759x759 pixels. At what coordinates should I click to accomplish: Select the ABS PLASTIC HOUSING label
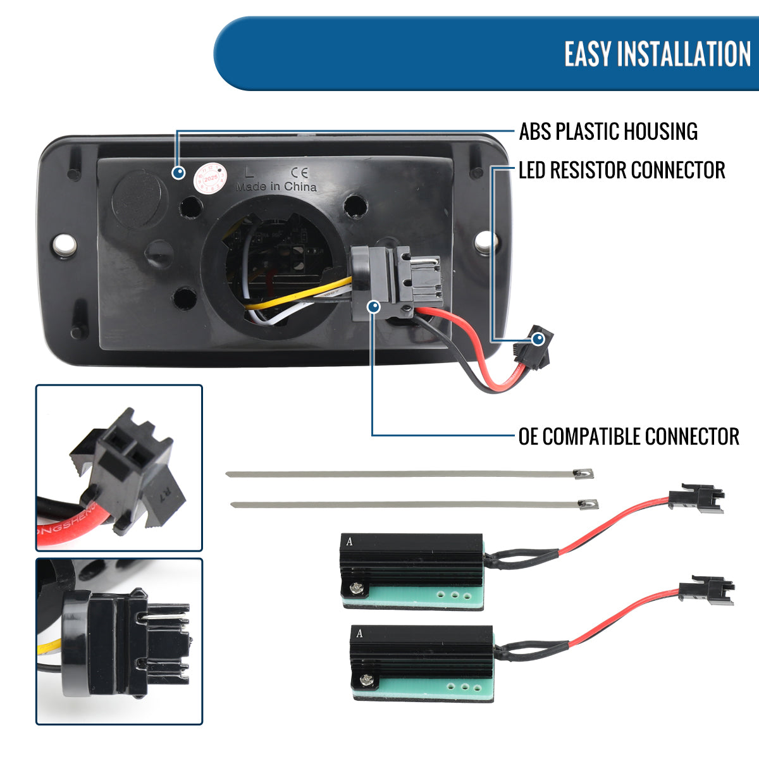click(x=608, y=132)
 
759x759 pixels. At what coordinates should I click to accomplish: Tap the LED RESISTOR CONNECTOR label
click(x=621, y=170)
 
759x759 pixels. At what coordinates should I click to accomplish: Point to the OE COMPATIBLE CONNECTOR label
click(x=628, y=436)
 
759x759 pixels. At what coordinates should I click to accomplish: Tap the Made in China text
click(x=276, y=187)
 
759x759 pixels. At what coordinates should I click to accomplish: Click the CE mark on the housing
click(x=299, y=171)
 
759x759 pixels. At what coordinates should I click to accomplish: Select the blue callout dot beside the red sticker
click(x=179, y=172)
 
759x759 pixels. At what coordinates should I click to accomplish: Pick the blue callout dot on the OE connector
click(x=374, y=307)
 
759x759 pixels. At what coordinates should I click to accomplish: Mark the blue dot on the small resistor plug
click(x=538, y=339)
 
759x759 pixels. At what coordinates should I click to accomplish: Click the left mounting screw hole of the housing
click(x=65, y=244)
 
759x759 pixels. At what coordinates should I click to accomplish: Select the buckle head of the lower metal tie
click(x=588, y=503)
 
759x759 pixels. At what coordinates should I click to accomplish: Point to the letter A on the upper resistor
click(x=349, y=542)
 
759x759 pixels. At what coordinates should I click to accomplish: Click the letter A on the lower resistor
click(x=359, y=633)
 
